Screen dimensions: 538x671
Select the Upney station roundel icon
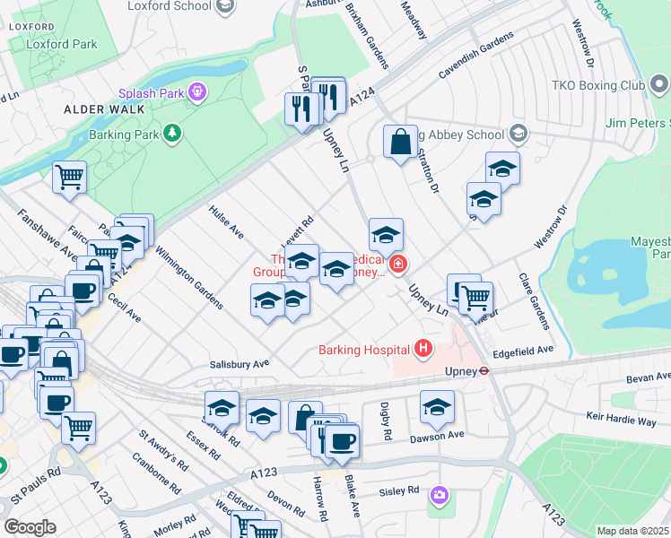pyautogui.click(x=483, y=369)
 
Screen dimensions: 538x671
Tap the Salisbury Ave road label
pyautogui.click(x=240, y=365)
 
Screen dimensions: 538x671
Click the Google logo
pyautogui.click(x=30, y=527)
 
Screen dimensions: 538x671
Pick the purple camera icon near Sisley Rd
pyautogui.click(x=439, y=494)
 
